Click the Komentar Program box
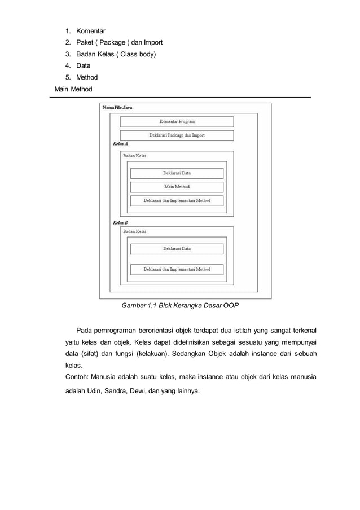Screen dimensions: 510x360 click(177, 121)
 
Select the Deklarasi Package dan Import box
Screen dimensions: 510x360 click(177, 135)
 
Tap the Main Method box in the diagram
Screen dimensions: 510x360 click(177, 187)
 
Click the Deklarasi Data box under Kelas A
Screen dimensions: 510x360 click(177, 173)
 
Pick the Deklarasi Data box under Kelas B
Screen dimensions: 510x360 click(177, 249)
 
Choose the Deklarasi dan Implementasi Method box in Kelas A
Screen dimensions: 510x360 click(177, 200)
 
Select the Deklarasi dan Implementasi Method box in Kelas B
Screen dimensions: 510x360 click(177, 270)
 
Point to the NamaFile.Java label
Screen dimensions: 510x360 click(118, 107)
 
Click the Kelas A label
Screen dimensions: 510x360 click(120, 144)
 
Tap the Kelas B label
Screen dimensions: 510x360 click(120, 223)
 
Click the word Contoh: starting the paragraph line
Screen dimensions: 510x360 click(76, 377)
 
